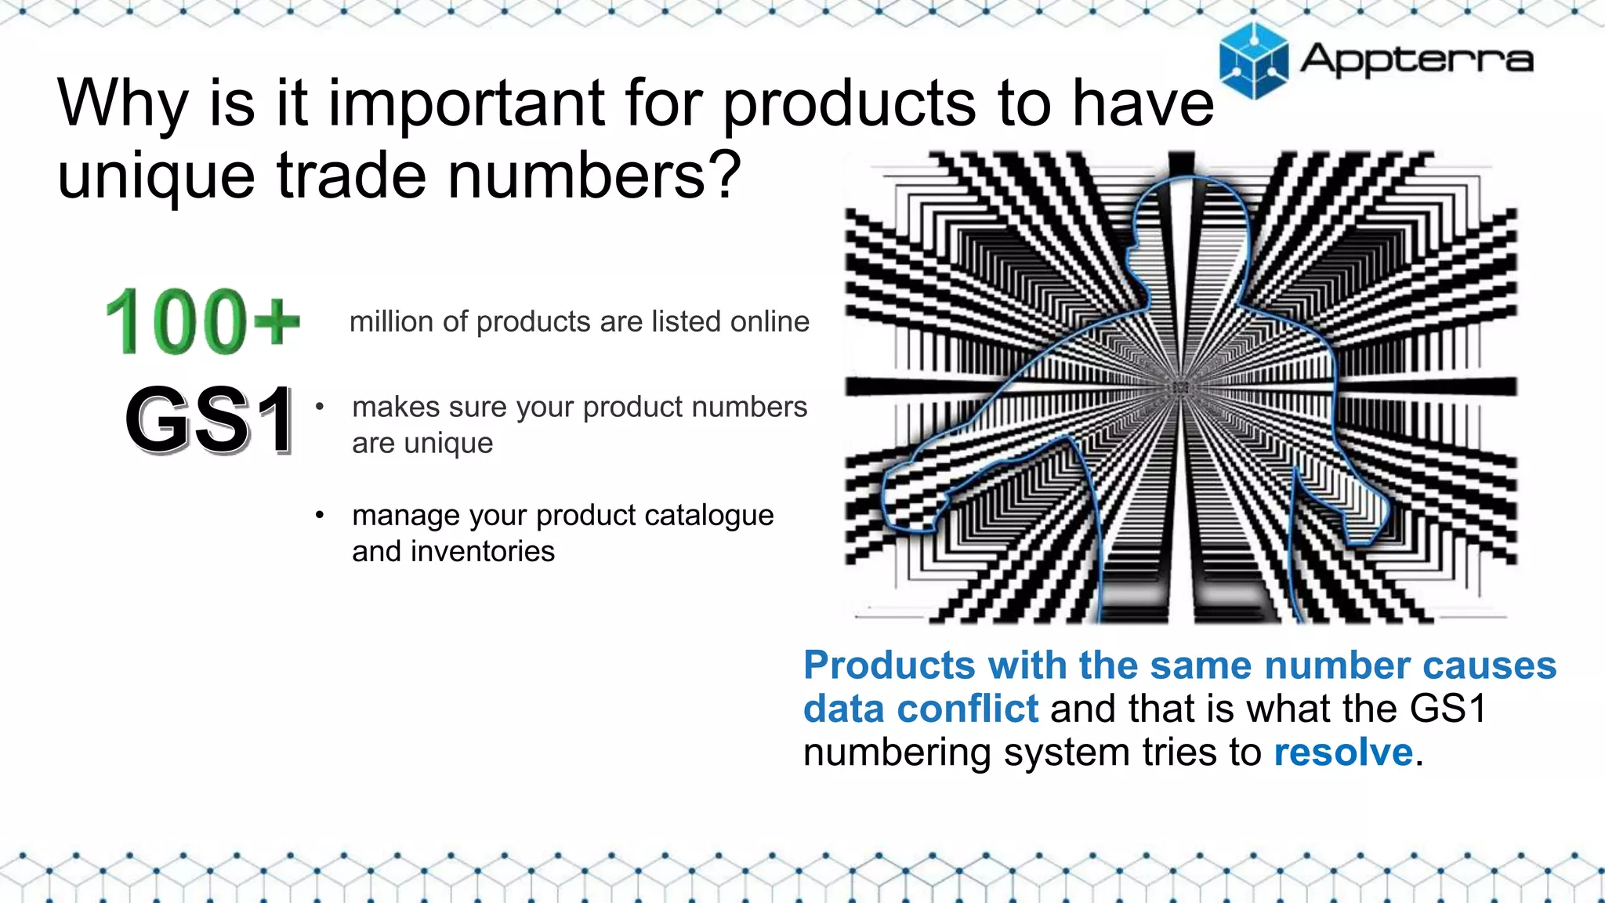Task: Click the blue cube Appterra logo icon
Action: (1253, 61)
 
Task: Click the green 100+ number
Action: (202, 321)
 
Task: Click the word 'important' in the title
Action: (466, 103)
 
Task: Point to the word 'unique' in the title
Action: (156, 175)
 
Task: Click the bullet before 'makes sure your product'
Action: (320, 407)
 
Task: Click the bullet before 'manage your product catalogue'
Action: (320, 515)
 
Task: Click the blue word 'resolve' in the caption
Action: (1343, 752)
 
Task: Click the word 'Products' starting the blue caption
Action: (889, 665)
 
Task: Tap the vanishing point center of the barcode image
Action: (1181, 388)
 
